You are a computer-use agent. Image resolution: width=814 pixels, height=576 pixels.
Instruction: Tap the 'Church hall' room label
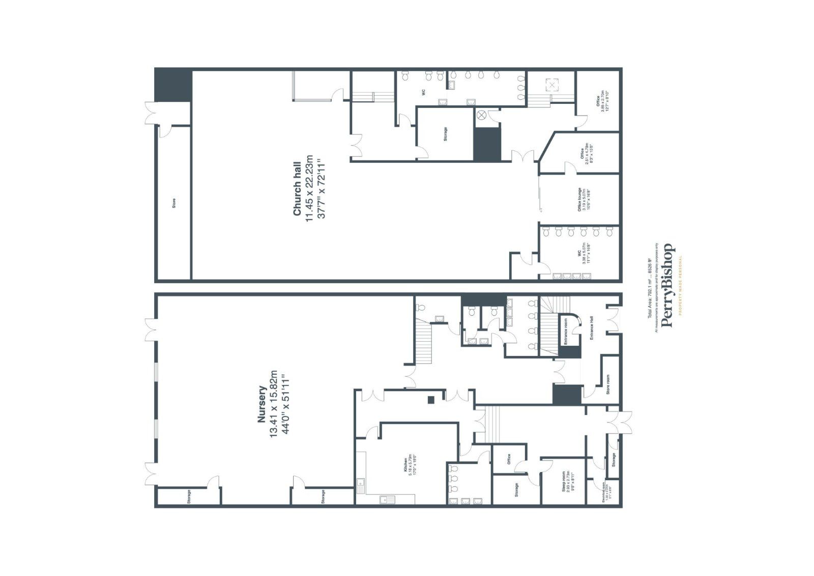tap(297, 189)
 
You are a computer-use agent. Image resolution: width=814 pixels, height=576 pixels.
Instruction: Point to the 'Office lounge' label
tap(579, 200)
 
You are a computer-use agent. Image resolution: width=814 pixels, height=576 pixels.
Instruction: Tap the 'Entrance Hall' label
tap(592, 328)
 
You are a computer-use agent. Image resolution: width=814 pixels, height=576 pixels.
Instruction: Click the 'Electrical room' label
tap(603, 492)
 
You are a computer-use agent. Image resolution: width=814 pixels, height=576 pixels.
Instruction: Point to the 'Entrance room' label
tap(565, 331)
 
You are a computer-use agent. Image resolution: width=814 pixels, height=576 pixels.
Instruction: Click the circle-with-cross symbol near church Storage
tap(481, 116)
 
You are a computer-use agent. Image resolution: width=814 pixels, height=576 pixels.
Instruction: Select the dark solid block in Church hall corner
tap(173, 86)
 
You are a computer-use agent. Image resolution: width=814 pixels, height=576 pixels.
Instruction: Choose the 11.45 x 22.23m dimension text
tap(309, 189)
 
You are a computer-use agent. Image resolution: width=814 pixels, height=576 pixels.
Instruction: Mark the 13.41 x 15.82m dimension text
tap(274, 405)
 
